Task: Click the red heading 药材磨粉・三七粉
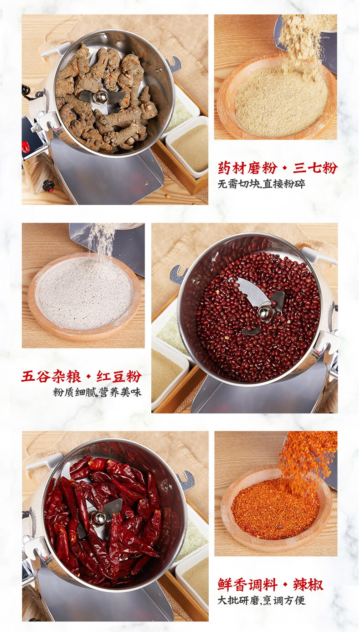[278, 168]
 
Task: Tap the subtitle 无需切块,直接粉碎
[261, 184]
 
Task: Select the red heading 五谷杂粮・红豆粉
[82, 377]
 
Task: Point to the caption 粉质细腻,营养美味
[98, 392]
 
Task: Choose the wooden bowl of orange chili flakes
[276, 507]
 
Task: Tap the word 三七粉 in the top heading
[315, 168]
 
